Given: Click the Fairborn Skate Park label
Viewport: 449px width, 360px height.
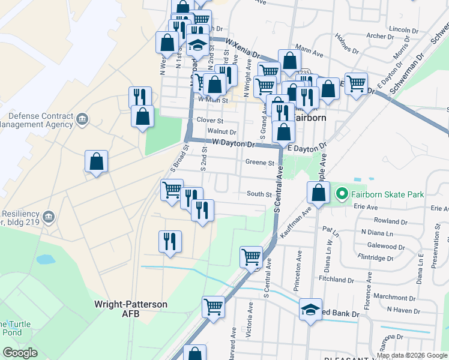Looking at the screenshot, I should pyautogui.click(x=387, y=194).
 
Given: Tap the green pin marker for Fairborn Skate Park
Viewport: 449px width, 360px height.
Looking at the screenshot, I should pyautogui.click(x=342, y=194).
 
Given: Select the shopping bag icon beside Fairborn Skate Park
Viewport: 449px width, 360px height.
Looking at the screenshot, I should pyautogui.click(x=318, y=193).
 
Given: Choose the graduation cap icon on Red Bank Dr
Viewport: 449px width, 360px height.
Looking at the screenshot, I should pyautogui.click(x=310, y=310).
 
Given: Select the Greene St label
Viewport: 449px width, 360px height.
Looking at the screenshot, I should pyautogui.click(x=259, y=163).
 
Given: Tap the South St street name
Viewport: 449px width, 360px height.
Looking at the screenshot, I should pyautogui.click(x=259, y=194).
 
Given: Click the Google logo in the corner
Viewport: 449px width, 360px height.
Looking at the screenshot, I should pyautogui.click(x=20, y=352).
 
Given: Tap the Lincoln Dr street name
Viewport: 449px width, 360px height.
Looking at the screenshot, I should pyautogui.click(x=403, y=29).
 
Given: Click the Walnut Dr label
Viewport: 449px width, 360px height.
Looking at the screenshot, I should pyautogui.click(x=221, y=131).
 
